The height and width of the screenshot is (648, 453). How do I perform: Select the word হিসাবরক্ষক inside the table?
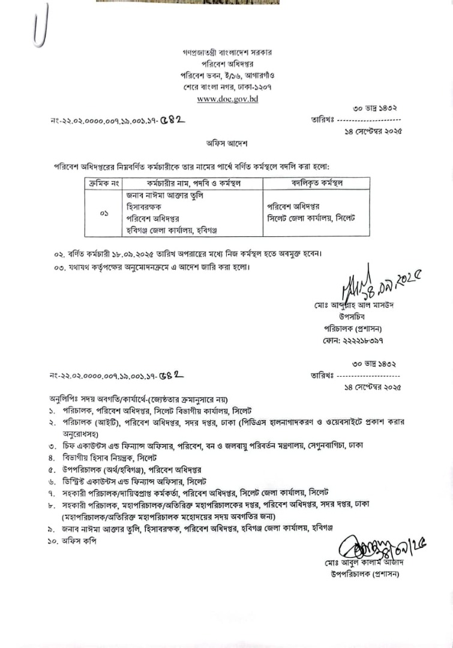click(147, 207)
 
